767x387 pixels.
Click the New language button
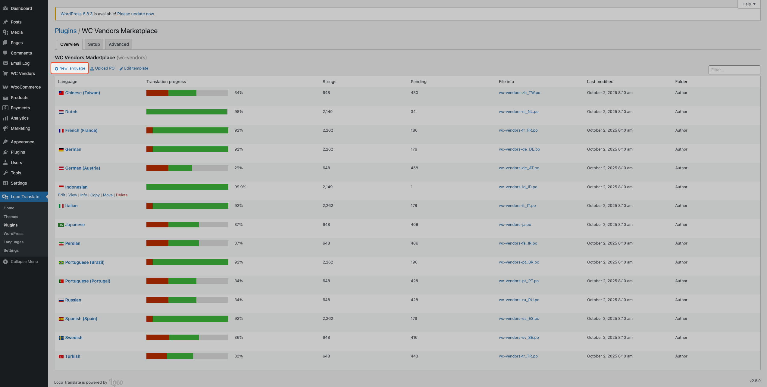(70, 68)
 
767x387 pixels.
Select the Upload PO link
(102, 68)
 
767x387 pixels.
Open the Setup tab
(94, 44)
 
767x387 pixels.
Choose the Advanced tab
(119, 44)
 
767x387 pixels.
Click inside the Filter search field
(734, 70)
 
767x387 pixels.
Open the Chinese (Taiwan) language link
(83, 93)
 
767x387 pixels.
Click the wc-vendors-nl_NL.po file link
(518, 112)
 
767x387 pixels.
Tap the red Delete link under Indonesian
(122, 195)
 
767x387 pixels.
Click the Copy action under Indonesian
(95, 195)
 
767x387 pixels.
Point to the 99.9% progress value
(240, 187)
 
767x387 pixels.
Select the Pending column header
(418, 82)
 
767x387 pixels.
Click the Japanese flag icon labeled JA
(61, 225)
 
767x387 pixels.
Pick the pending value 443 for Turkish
(414, 356)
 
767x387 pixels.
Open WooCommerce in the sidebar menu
(26, 87)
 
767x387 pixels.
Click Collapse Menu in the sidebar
(24, 261)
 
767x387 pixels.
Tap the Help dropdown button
(749, 4)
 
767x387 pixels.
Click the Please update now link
(136, 14)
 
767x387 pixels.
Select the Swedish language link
(74, 338)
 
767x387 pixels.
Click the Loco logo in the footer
(116, 382)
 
